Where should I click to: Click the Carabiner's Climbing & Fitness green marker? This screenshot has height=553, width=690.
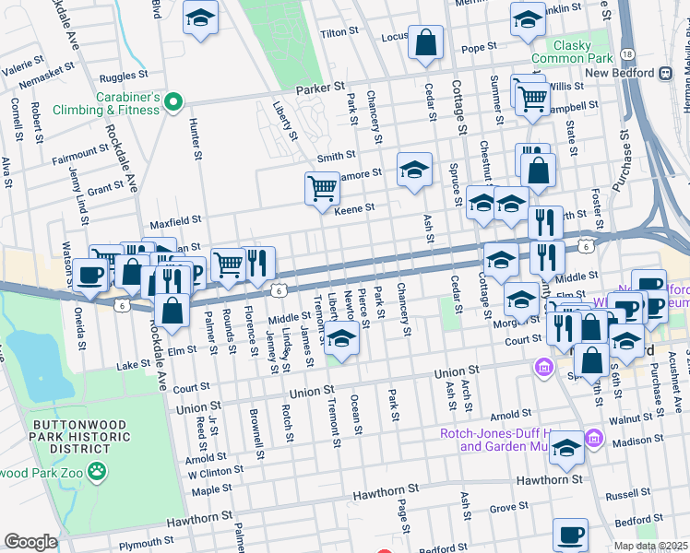(172, 102)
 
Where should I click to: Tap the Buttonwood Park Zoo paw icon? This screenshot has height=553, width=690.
(98, 472)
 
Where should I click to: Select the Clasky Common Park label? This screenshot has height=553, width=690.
(580, 51)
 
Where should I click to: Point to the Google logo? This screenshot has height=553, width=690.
(30, 541)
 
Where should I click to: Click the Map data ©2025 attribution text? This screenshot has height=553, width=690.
(650, 546)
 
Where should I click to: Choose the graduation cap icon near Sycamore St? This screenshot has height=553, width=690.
(414, 170)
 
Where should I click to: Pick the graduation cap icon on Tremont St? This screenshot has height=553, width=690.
(341, 339)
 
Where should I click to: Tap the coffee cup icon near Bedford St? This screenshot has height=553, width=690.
(570, 534)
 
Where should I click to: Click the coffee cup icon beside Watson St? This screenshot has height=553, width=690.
(90, 274)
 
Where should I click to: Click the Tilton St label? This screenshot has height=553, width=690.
(339, 32)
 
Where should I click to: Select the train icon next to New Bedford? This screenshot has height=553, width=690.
(664, 73)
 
